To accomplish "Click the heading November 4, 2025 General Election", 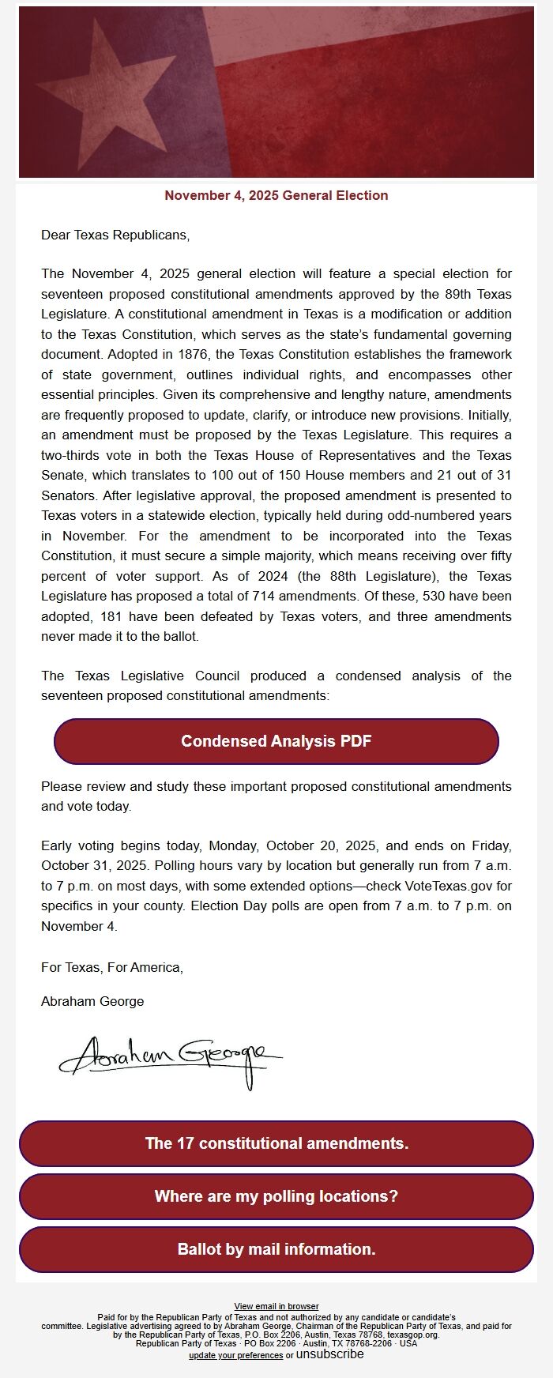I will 276,196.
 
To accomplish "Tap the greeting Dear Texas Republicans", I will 115,235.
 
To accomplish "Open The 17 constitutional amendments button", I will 276,1143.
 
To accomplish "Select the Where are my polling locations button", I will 276,1196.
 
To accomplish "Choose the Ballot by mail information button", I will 276,1249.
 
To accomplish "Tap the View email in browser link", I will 276,1307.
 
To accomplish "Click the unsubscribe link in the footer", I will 330,1354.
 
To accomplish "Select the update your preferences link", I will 235,1356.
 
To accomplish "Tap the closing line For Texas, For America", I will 112,967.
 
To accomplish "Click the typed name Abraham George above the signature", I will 92,1001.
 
